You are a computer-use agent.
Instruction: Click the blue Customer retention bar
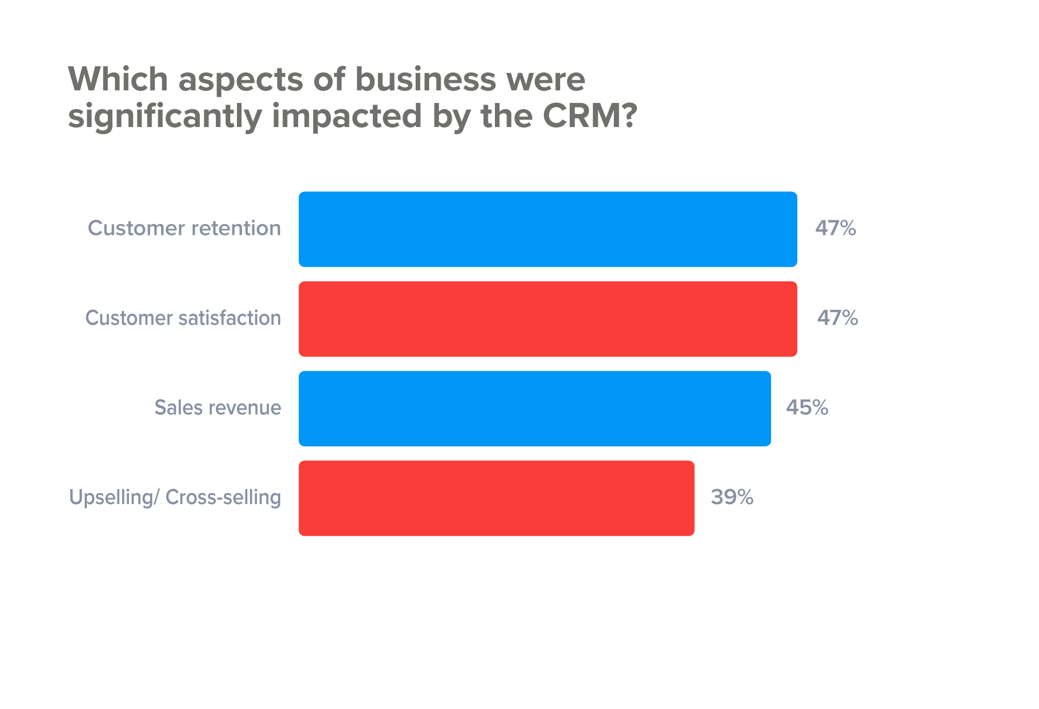[548, 229]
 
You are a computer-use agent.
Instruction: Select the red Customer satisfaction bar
[548, 319]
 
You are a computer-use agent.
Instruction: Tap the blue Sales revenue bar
[535, 408]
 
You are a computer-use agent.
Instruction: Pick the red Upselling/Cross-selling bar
[496, 498]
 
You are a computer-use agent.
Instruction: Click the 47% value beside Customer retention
[835, 228]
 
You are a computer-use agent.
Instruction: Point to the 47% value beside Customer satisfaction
[837, 318]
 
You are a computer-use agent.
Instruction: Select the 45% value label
[807, 407]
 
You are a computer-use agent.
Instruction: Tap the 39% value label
[732, 497]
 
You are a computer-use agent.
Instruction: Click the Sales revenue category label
[217, 408]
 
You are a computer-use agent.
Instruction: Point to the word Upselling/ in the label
[114, 498]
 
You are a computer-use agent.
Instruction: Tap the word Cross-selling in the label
[223, 498]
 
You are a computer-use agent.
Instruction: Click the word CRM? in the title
[590, 116]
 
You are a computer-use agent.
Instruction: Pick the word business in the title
[426, 79]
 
